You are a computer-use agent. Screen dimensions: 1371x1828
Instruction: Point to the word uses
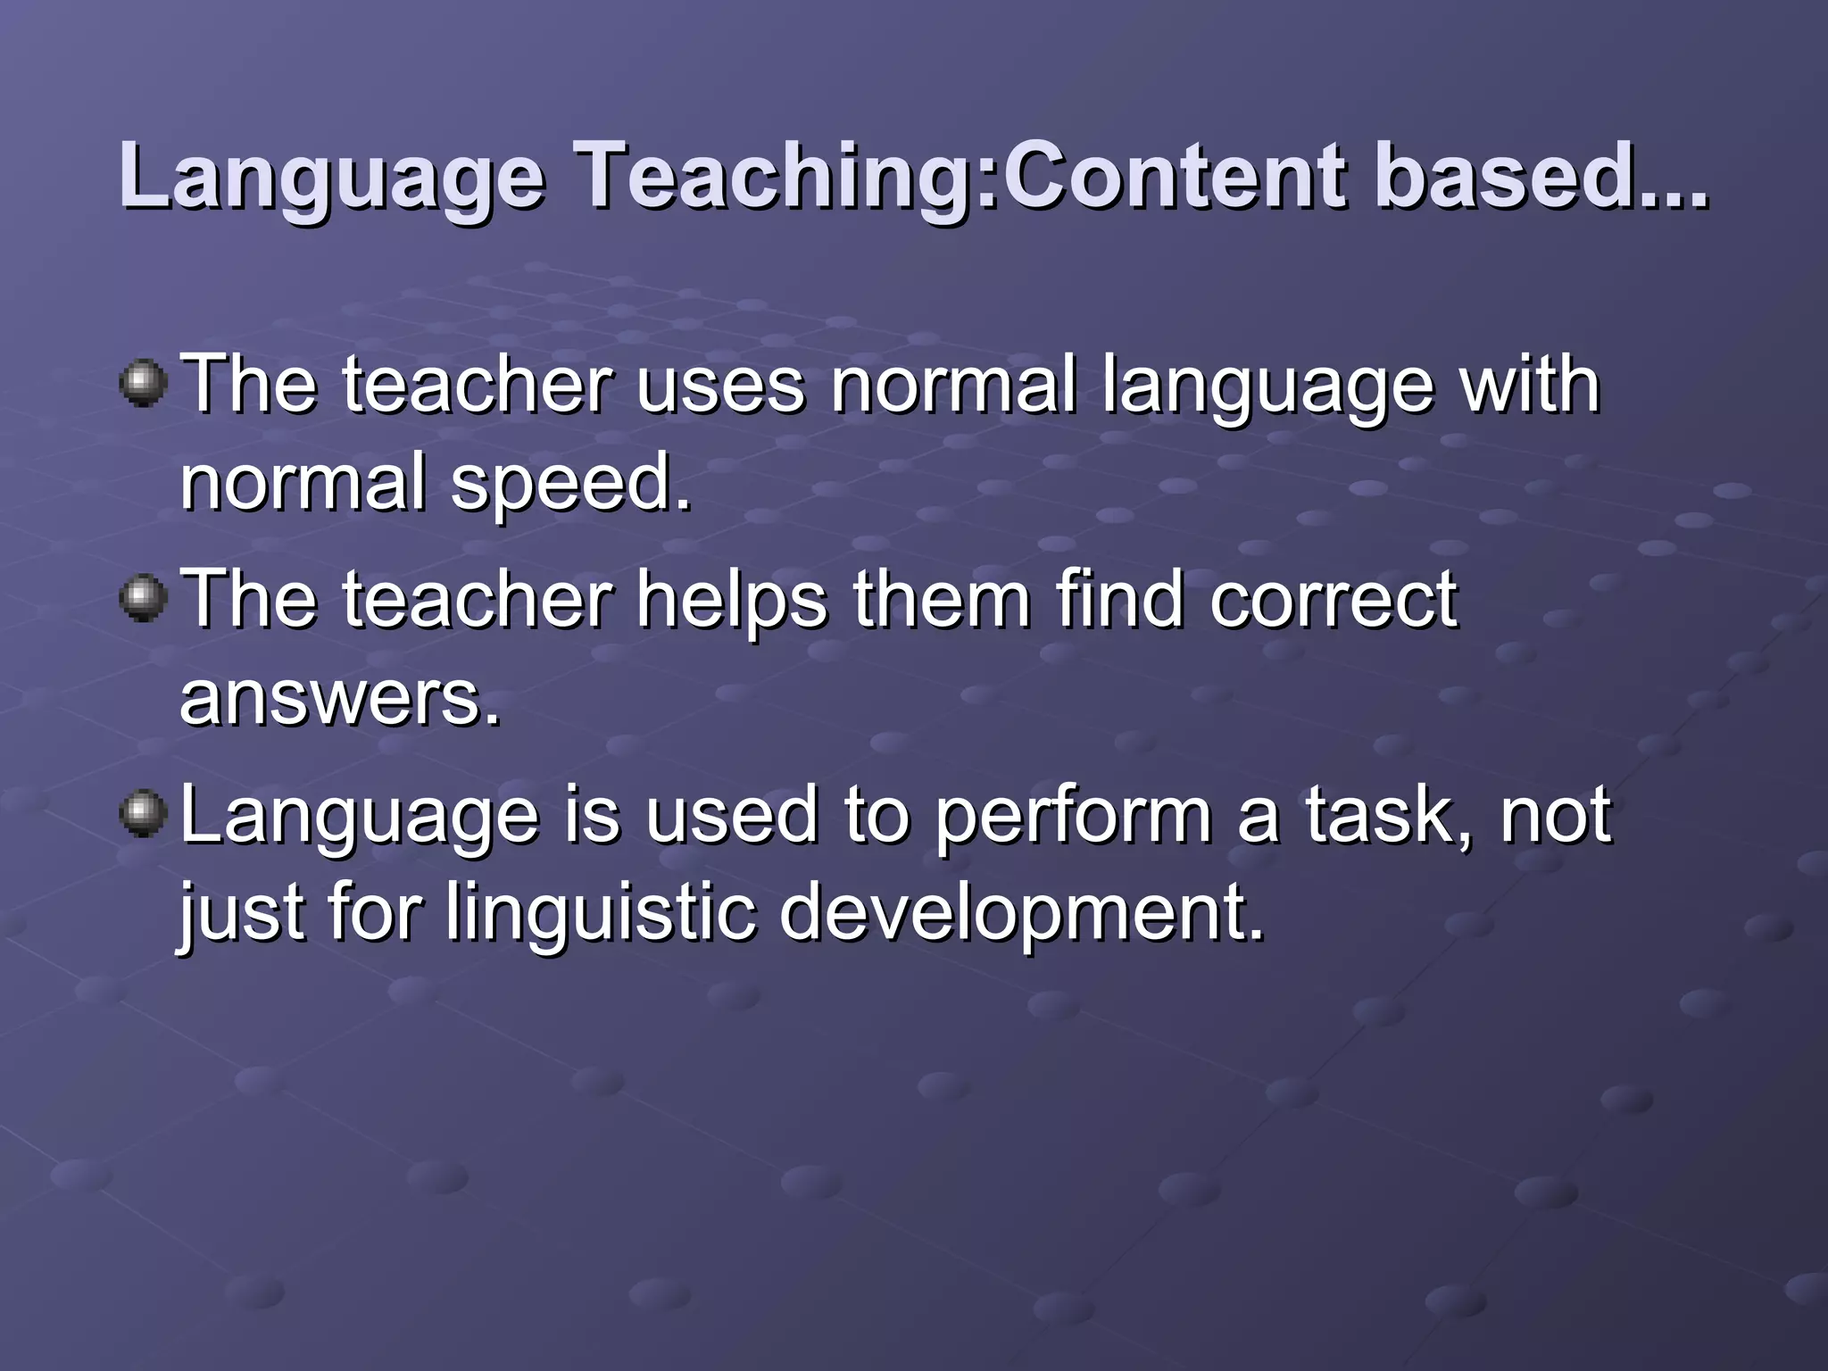tap(719, 386)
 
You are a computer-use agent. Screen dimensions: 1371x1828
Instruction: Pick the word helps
tap(732, 600)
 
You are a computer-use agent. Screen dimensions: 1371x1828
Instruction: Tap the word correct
tap(1334, 600)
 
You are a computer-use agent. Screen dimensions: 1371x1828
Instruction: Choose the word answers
tap(339, 698)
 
